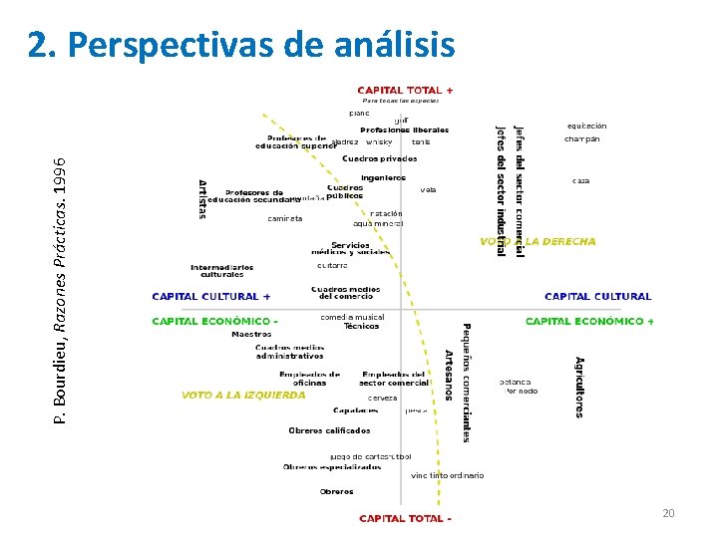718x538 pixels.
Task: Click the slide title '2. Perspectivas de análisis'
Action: pos(241,45)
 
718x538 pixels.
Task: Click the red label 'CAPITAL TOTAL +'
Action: pos(405,90)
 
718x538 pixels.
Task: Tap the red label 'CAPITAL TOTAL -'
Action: pos(405,518)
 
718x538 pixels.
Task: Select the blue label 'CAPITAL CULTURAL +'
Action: pos(210,297)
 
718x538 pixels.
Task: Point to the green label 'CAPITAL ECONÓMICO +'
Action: pos(590,322)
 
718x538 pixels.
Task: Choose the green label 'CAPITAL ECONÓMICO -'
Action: pos(214,322)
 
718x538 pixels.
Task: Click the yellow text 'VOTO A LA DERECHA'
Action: pos(538,242)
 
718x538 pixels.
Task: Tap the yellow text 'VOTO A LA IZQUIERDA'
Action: pos(244,395)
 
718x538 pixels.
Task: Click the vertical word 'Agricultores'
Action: pos(579,387)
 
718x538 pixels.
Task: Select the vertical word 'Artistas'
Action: pos(202,199)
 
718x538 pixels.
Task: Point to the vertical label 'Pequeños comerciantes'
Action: pos(466,383)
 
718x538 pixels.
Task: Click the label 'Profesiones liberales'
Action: pos(404,131)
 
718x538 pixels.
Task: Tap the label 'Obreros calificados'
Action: pos(329,430)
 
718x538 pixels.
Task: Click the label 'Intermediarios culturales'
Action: pos(222,270)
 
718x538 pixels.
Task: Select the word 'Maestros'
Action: pos(251,335)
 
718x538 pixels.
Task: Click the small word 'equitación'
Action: pos(586,127)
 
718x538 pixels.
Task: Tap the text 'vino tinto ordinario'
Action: pos(447,475)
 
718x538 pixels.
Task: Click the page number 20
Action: pos(669,513)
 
